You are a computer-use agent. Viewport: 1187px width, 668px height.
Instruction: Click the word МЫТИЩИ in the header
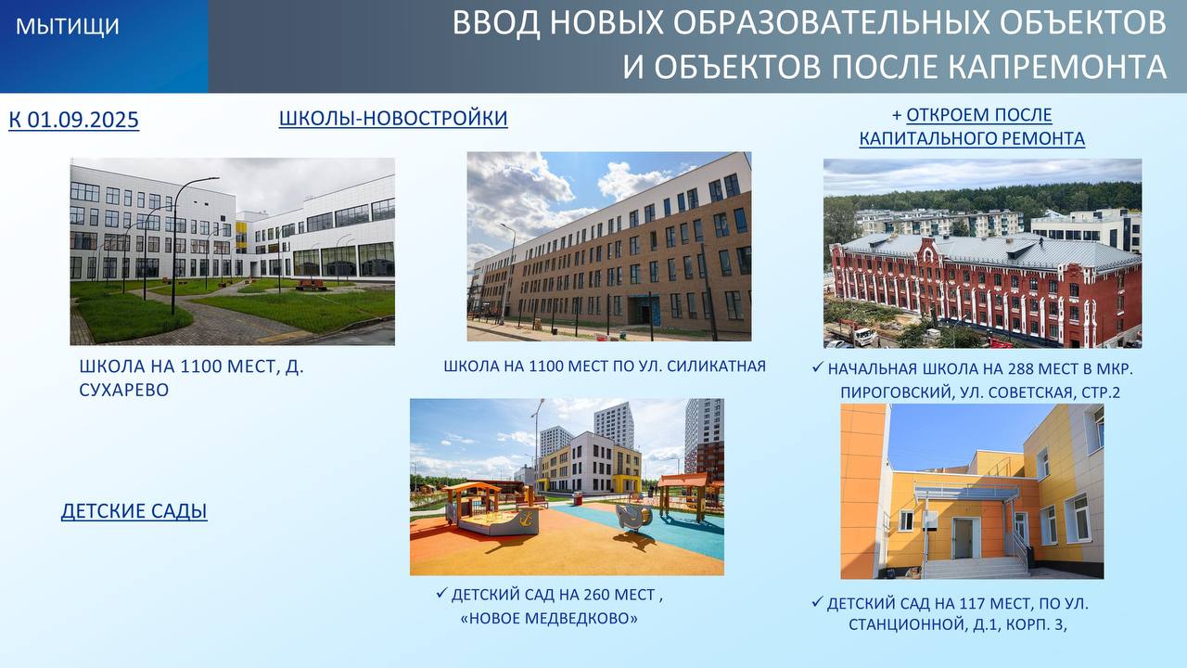(x=68, y=26)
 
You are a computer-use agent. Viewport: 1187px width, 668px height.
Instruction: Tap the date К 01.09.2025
(x=73, y=120)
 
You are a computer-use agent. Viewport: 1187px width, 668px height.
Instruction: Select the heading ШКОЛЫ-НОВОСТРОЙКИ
(x=393, y=118)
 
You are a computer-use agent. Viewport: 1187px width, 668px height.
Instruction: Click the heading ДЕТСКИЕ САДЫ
(x=134, y=510)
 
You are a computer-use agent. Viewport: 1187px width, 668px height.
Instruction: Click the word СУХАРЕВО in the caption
(x=124, y=390)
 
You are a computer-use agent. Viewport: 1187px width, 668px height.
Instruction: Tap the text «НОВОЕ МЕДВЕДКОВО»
(x=549, y=618)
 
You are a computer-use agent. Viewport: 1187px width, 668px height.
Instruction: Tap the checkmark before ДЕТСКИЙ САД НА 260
(x=442, y=593)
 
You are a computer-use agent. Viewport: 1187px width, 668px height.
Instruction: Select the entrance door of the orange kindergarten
(x=963, y=539)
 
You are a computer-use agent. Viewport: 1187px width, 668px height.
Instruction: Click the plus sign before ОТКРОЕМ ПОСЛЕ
(x=897, y=115)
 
